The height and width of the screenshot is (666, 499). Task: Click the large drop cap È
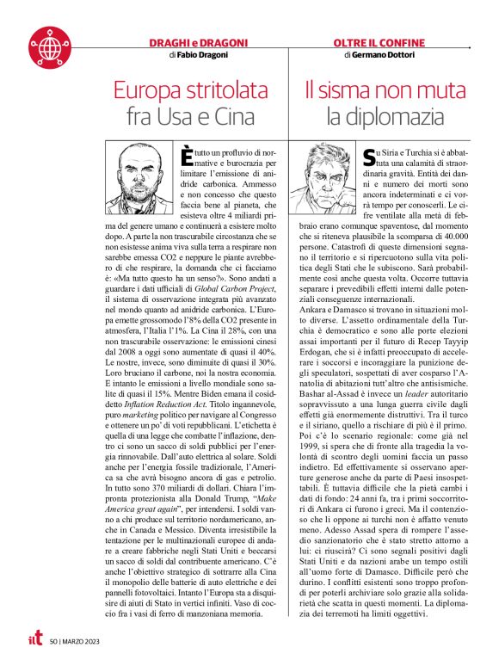(187, 157)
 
